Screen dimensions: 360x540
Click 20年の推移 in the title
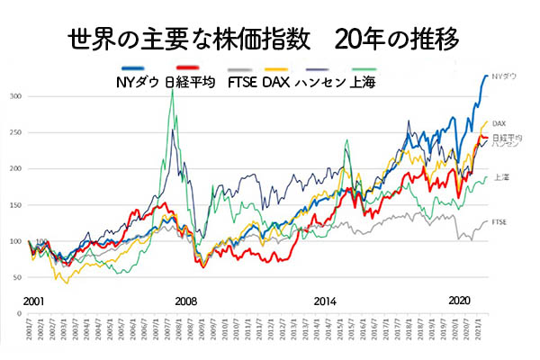(397, 40)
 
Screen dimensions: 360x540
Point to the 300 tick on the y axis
(15, 95)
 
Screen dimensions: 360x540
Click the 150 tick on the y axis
(15, 205)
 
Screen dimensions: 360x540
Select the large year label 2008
(186, 301)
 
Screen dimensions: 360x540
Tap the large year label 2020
(460, 300)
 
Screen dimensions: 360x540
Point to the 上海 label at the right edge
(500, 178)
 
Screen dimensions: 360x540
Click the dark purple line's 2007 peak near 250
(172, 130)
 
